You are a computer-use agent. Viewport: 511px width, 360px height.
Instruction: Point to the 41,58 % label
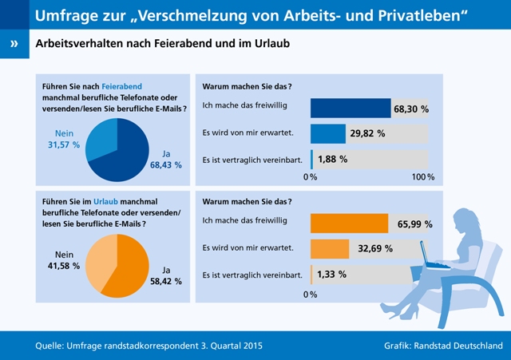point(65,265)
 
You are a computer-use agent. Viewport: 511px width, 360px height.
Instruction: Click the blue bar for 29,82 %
point(327,133)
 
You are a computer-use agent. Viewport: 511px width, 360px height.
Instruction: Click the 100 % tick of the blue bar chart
point(423,176)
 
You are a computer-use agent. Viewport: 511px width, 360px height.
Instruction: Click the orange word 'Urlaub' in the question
point(108,202)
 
